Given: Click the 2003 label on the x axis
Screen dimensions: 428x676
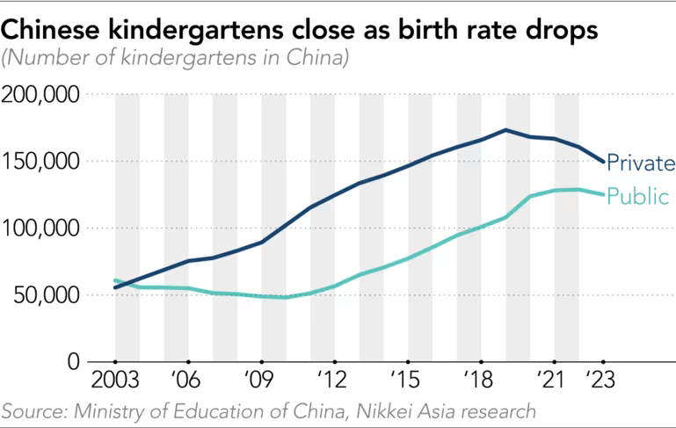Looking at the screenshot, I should (114, 385).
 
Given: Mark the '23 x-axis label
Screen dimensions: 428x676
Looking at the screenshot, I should (603, 385).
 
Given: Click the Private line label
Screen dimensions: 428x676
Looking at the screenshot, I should (641, 163).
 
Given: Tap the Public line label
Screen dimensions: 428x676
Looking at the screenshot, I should (638, 196).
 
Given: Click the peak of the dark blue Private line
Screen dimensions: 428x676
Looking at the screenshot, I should (505, 130).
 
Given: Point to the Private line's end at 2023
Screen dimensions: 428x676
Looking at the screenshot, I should (603, 162).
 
